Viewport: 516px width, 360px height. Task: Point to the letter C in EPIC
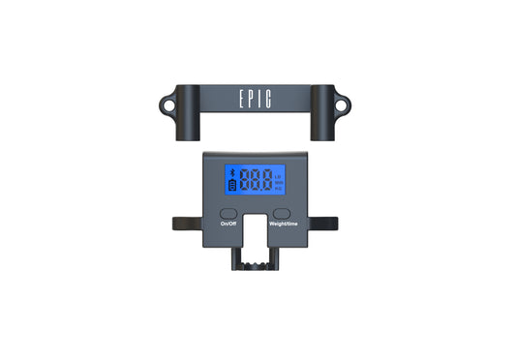272,99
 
